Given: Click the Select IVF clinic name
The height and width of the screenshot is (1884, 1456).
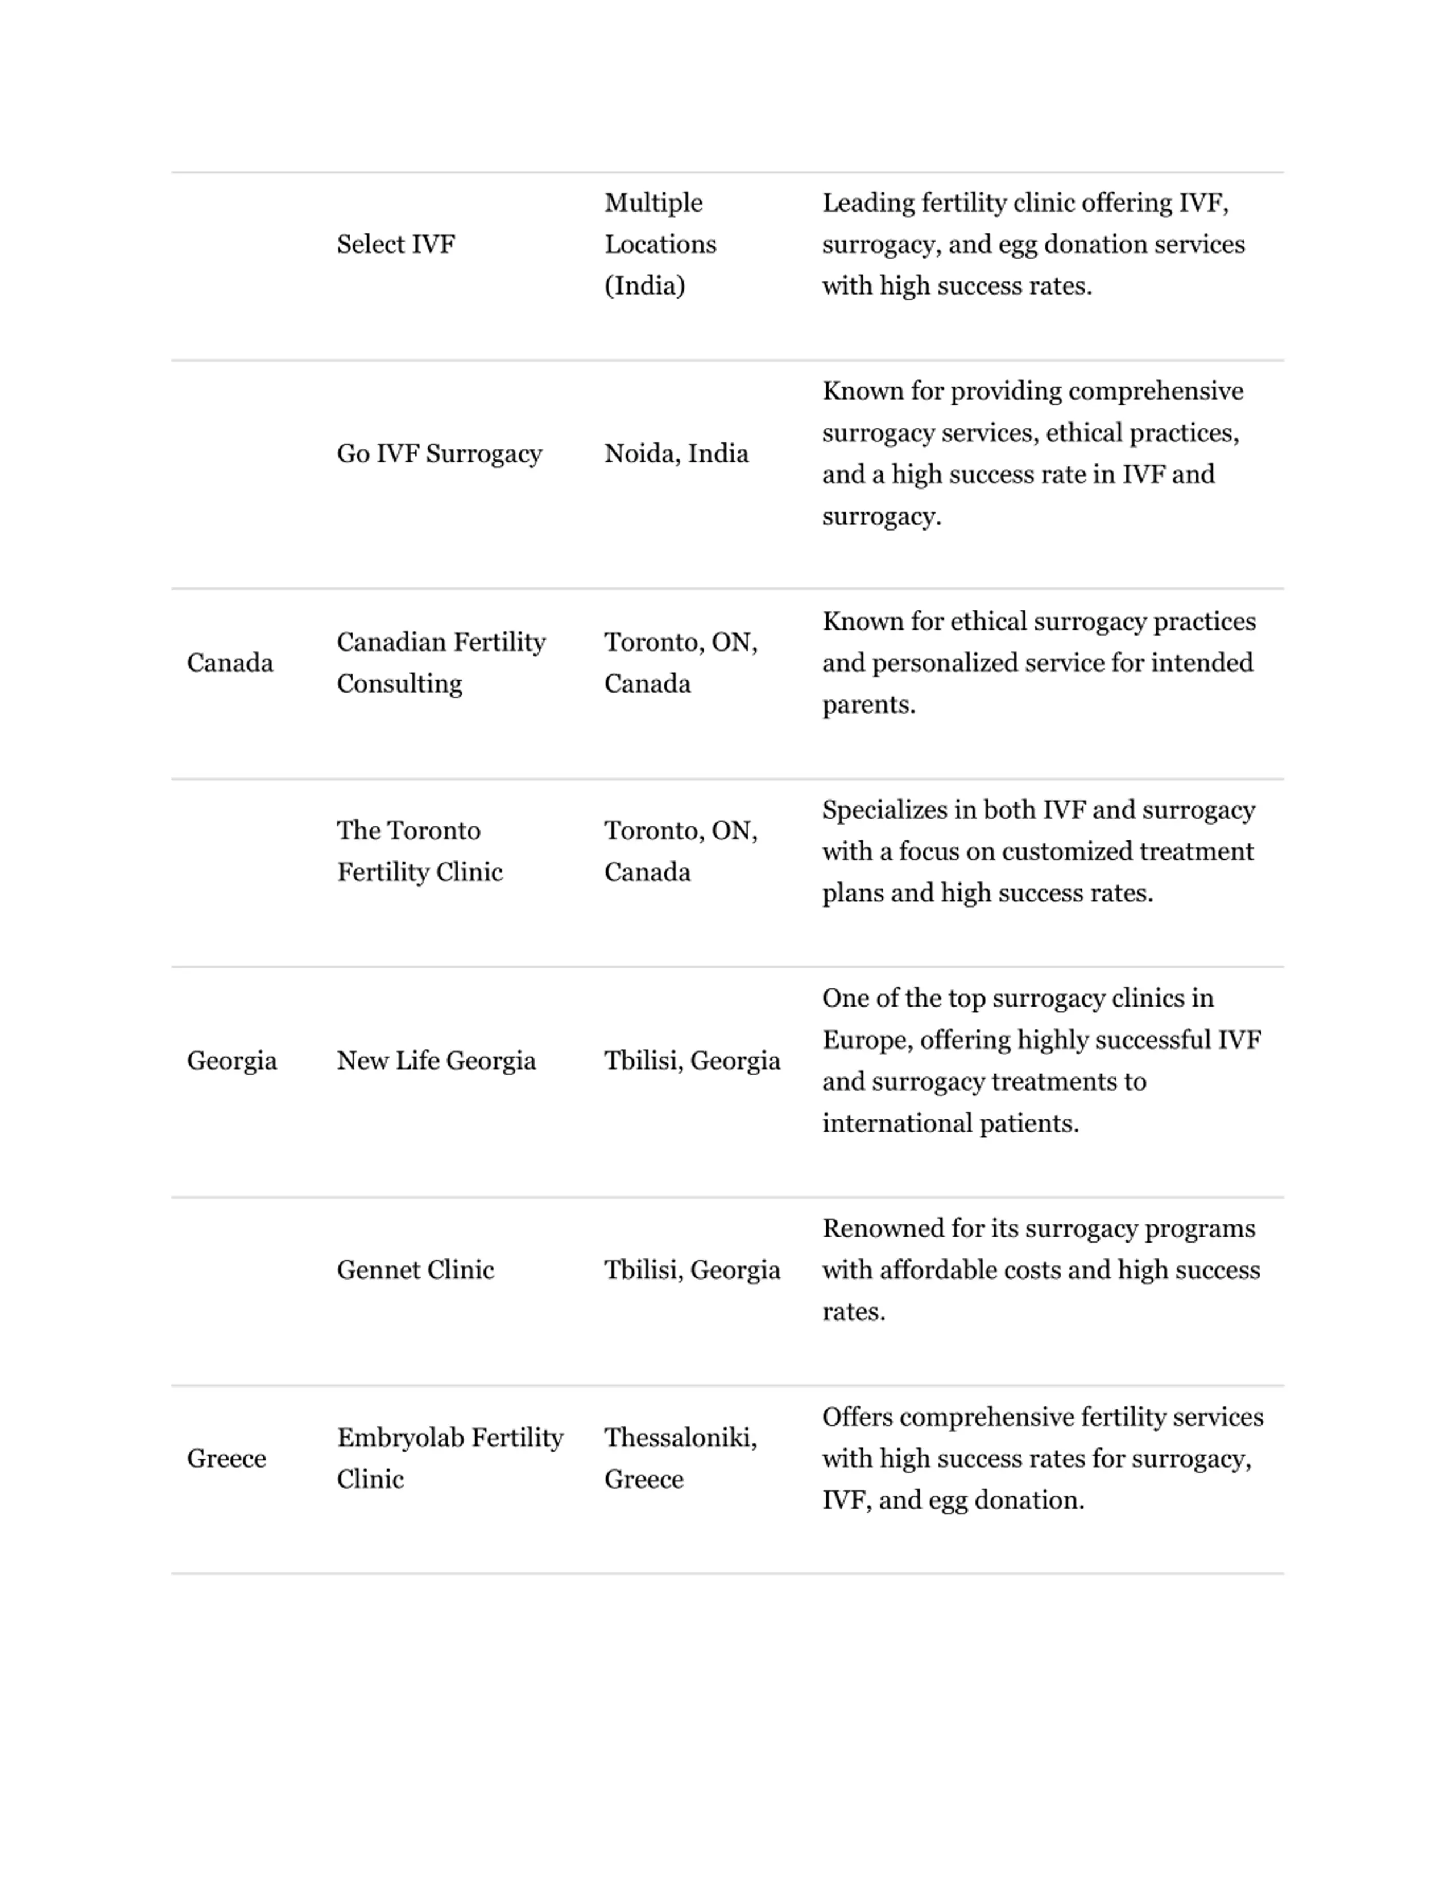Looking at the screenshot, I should tap(395, 244).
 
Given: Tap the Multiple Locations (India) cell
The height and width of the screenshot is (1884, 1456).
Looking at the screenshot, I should tap(660, 244).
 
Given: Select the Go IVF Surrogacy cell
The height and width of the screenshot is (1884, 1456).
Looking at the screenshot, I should tap(439, 454).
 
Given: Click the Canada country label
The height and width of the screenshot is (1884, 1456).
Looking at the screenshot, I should tap(229, 662).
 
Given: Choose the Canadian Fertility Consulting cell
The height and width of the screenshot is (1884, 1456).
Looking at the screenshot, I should tap(441, 662).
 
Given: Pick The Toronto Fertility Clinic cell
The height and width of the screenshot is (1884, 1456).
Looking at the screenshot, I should tap(419, 851).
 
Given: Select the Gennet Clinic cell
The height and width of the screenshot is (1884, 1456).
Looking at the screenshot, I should tap(415, 1270).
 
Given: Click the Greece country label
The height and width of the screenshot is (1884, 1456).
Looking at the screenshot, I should tap(226, 1458).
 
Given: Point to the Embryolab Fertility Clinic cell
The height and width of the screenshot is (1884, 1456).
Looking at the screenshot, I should tap(449, 1458).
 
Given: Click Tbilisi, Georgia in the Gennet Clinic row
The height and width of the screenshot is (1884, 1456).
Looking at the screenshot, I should tap(692, 1270).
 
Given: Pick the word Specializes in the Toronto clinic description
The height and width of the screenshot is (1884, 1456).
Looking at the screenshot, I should tap(886, 810).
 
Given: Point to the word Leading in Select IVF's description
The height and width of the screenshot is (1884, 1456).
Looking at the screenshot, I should tap(868, 202).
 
